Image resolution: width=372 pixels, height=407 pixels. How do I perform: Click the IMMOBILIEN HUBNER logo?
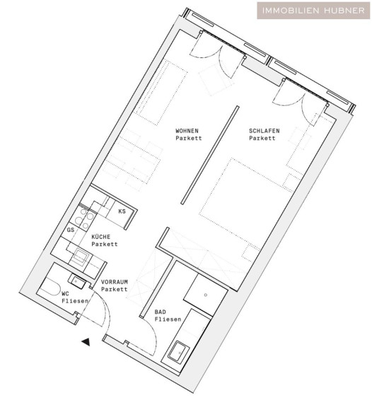pos(313,11)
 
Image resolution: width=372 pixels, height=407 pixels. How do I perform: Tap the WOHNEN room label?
pos(187,131)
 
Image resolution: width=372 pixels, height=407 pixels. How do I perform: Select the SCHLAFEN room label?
pos(265,131)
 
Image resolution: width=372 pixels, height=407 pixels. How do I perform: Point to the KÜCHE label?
pos(101,237)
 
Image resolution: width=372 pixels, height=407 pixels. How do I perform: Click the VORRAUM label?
pos(115,282)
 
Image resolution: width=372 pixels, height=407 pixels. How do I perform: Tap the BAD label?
pos(160,312)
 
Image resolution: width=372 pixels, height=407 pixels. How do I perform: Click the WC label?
pos(66,294)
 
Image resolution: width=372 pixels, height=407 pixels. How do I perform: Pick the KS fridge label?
pos(122,211)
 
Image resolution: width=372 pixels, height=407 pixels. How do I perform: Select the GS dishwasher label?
pos(71,230)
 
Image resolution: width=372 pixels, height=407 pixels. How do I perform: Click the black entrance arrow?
pos(86,342)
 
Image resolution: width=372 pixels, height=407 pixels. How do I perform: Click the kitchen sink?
pos(81,256)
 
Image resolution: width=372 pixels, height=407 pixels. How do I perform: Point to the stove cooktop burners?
pos(84,219)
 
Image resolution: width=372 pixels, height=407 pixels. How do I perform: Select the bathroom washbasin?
pos(179,351)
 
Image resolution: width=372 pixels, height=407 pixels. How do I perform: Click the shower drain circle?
pos(206,295)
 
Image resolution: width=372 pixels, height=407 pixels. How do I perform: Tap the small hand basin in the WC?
pos(77,281)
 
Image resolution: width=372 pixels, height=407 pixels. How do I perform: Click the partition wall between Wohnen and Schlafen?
pos(210,155)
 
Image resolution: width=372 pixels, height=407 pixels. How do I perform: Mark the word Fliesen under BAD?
pos(168,319)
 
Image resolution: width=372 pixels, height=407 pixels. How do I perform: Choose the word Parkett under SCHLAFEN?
pos(262,138)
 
